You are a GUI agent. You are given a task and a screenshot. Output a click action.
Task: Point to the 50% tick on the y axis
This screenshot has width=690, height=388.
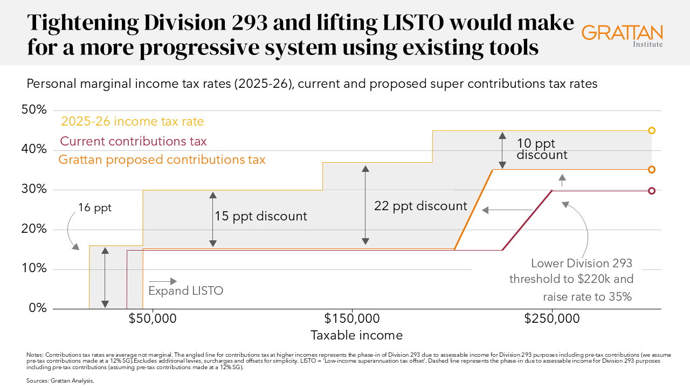click(x=34, y=110)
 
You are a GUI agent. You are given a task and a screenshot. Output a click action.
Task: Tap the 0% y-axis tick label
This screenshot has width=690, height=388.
click(x=37, y=308)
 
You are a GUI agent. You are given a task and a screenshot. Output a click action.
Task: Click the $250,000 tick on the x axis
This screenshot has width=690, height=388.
click(x=552, y=318)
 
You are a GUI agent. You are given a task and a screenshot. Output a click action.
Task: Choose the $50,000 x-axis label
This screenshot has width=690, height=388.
click(x=153, y=318)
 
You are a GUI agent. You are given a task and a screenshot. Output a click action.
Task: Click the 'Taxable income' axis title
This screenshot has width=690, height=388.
click(x=356, y=335)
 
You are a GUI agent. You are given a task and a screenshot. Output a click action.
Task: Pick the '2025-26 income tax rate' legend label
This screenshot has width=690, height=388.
click(x=132, y=121)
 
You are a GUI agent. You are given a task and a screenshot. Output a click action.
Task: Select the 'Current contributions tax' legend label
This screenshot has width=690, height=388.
click(x=133, y=141)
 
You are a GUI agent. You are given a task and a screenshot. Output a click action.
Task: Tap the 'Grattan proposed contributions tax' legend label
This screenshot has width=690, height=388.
click(x=162, y=160)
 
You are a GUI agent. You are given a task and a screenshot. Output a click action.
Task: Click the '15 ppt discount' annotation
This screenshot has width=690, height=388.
click(x=261, y=216)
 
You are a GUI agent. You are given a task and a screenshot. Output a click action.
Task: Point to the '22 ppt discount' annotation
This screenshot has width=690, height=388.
click(x=421, y=206)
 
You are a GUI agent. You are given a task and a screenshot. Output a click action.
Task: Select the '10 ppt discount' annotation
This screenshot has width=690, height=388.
click(x=541, y=149)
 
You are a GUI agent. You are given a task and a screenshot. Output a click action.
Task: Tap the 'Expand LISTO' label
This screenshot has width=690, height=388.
click(x=185, y=290)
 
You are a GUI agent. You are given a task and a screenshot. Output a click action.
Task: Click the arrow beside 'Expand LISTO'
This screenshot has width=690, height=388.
click(x=163, y=281)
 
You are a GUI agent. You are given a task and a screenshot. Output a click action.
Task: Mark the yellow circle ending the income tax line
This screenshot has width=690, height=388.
click(x=652, y=130)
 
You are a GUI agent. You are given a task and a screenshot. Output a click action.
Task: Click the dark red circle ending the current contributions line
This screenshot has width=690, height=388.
click(x=652, y=191)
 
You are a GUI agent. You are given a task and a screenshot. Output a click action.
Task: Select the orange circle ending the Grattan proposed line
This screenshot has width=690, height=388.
click(x=652, y=170)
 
